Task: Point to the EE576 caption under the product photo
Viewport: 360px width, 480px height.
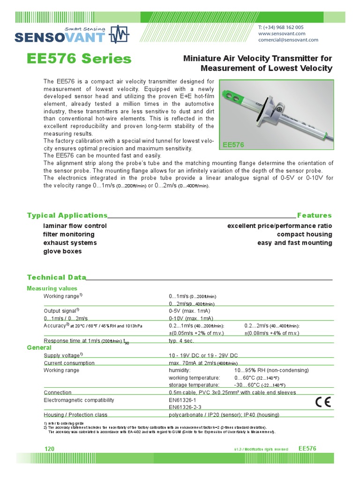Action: click(x=233, y=145)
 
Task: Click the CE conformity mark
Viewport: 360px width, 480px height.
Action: click(x=322, y=402)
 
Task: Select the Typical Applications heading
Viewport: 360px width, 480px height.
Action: click(x=67, y=215)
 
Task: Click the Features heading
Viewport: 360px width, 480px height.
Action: click(x=314, y=215)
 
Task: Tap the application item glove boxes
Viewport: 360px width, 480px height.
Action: click(x=62, y=251)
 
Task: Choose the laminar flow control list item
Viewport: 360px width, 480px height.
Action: click(x=75, y=226)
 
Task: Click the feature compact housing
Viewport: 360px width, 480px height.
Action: click(x=304, y=234)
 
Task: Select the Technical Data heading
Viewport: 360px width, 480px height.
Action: click(x=57, y=277)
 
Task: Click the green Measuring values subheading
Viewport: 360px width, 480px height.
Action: click(x=52, y=288)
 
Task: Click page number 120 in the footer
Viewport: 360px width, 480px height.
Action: click(x=49, y=449)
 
